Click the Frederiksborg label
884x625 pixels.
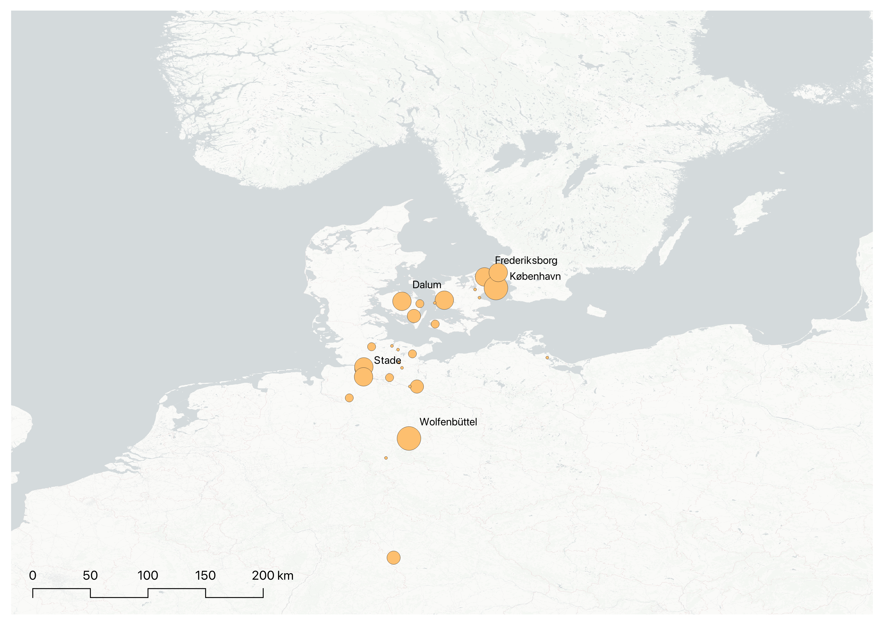[x=526, y=261]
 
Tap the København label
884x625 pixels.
[x=535, y=276]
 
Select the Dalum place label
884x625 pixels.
[x=426, y=285]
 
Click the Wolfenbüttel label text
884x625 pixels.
[x=448, y=422]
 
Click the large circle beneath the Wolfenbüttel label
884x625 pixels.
[x=409, y=438]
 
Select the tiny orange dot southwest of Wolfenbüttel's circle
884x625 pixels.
[x=386, y=458]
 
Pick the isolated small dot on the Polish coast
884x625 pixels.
[x=547, y=358]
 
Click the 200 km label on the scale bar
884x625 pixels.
[x=272, y=576]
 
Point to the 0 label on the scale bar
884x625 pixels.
[x=33, y=576]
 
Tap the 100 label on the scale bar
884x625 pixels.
[x=148, y=576]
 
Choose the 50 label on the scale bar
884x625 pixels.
[x=90, y=576]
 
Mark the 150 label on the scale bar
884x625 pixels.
[x=205, y=576]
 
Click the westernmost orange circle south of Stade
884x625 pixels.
[x=349, y=398]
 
